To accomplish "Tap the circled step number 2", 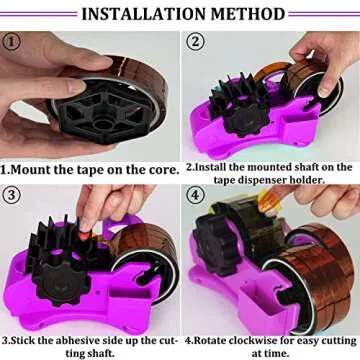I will click(197, 42).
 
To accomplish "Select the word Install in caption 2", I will click(215, 166).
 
